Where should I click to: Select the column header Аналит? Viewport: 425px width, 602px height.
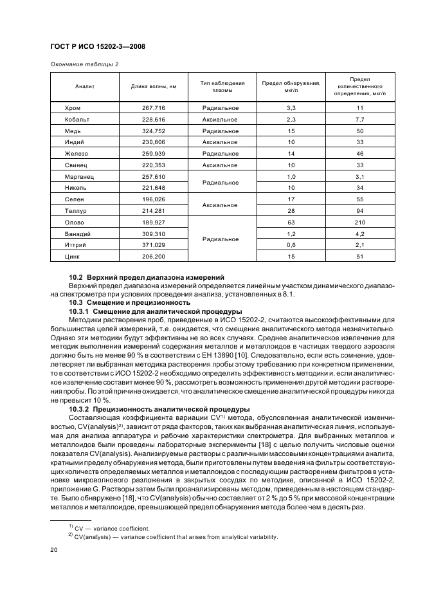[x=85, y=86]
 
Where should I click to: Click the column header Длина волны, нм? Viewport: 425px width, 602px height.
[x=154, y=86]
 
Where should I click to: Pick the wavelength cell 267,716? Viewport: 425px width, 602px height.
[x=154, y=107]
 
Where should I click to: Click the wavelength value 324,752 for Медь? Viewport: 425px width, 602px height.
[x=154, y=131]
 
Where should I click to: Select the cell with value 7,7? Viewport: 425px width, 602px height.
[x=359, y=119]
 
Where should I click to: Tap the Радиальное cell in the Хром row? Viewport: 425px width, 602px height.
[x=221, y=107]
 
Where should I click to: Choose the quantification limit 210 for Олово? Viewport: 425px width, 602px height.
[x=359, y=223]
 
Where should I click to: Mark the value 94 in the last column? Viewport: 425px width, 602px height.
[x=359, y=211]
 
